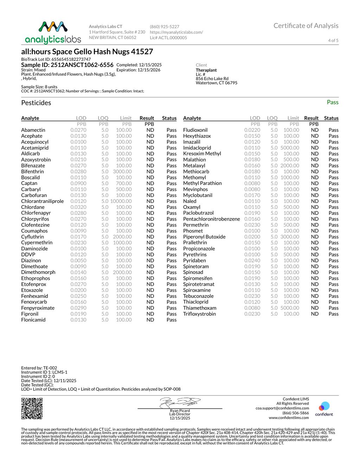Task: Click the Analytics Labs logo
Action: click(x=53, y=32)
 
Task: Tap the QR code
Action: click(x=32, y=408)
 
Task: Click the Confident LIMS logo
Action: click(x=324, y=409)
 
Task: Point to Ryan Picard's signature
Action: click(x=180, y=402)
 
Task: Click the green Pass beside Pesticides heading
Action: click(x=332, y=102)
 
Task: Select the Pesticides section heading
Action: click(x=36, y=103)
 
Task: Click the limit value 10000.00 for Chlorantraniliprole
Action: click(x=121, y=201)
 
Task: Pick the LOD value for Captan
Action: click(x=78, y=183)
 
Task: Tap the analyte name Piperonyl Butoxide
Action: click(x=204, y=237)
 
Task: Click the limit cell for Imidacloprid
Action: click(x=290, y=148)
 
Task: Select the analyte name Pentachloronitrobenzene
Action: click(x=211, y=219)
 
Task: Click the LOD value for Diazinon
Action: click(x=78, y=260)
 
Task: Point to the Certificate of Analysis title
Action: click(x=306, y=26)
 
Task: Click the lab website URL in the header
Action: click(x=176, y=32)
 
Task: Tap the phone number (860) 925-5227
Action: click(x=165, y=26)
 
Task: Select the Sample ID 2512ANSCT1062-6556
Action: click(x=67, y=65)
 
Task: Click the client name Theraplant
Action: click(x=206, y=70)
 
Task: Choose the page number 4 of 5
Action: click(x=333, y=40)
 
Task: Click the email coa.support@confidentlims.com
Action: click(x=282, y=408)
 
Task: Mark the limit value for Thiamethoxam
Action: click(x=290, y=308)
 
